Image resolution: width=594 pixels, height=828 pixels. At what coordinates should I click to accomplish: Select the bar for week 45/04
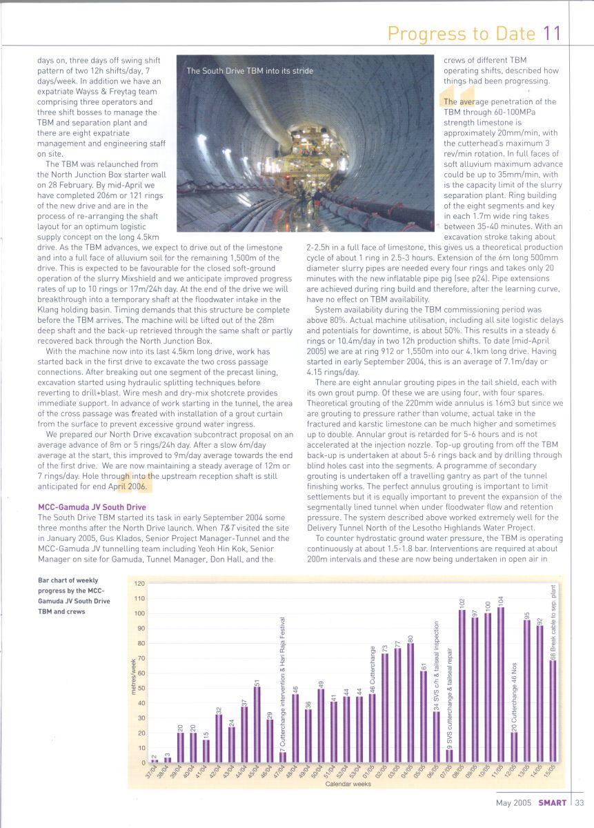point(257,724)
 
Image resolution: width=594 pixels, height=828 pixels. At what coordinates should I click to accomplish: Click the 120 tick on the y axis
point(139,583)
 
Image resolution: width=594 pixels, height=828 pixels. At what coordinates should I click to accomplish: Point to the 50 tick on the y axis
point(140,688)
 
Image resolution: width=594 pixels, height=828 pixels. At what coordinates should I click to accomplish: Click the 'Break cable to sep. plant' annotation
point(553,621)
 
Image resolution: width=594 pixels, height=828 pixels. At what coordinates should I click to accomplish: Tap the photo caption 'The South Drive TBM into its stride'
point(250,71)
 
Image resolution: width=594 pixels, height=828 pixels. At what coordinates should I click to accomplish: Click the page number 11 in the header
point(552,34)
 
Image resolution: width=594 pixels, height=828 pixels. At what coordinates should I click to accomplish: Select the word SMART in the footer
point(553,802)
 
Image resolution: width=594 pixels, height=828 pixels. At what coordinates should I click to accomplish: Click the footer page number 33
point(580,802)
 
